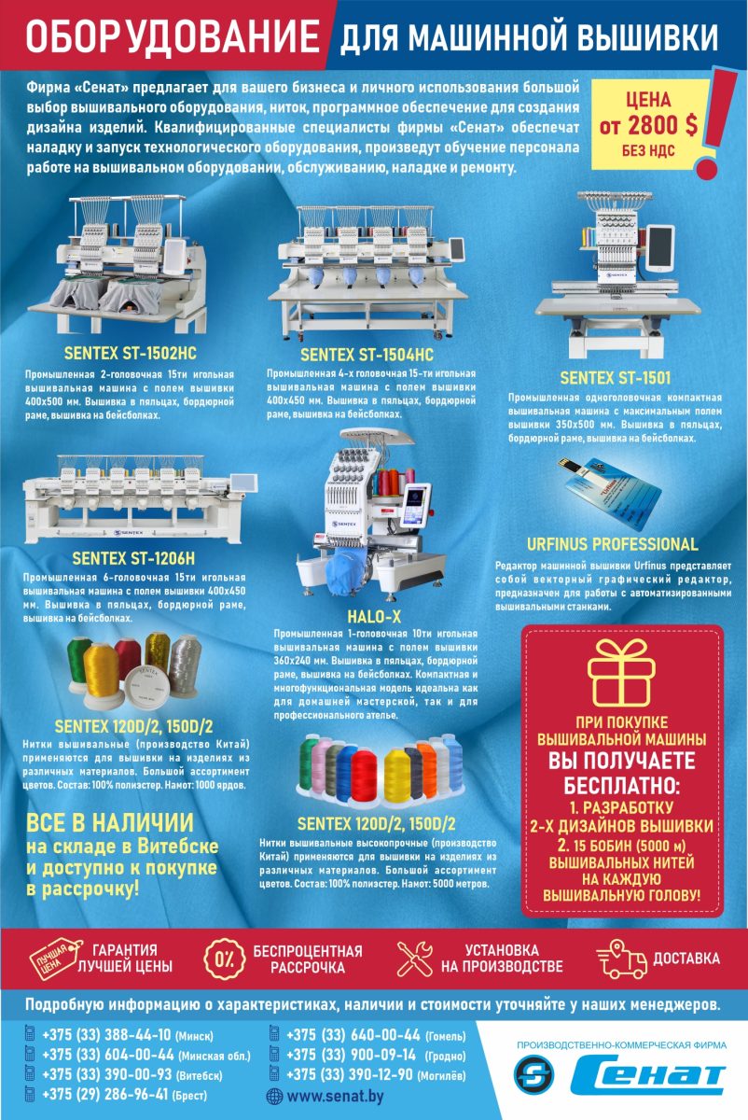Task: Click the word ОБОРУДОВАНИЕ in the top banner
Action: pos(173,36)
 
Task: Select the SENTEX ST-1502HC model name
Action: pos(130,353)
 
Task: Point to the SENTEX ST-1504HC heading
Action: pos(367,355)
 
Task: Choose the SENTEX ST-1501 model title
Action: pos(615,377)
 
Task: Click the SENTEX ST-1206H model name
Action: pos(133,558)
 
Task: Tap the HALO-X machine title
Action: pos(374,617)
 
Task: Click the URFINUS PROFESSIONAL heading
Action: pos(612,544)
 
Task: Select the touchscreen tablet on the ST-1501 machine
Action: pos(660,248)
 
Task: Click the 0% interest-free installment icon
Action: pos(225,958)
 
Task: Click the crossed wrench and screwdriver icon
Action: pos(415,959)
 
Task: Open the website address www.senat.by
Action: pos(335,1096)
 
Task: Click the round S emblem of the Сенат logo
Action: pos(534,1072)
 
